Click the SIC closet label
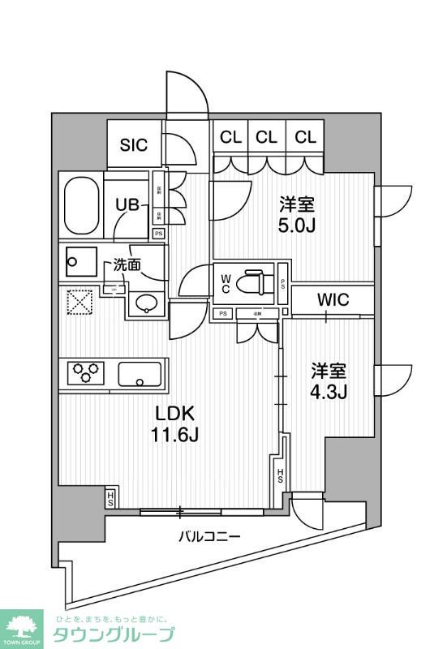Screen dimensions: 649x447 [x=135, y=145]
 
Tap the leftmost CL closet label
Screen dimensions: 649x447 [x=230, y=138]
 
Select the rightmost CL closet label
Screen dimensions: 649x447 [x=305, y=138]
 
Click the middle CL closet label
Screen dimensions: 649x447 [x=267, y=138]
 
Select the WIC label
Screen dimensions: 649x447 [x=333, y=300]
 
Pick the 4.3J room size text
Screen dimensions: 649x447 [x=330, y=392]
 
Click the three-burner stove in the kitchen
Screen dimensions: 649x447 [x=87, y=374]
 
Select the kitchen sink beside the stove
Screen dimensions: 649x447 [x=140, y=375]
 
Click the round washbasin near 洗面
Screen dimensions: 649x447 [x=145, y=304]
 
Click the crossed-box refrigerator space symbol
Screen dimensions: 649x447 [x=80, y=303]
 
